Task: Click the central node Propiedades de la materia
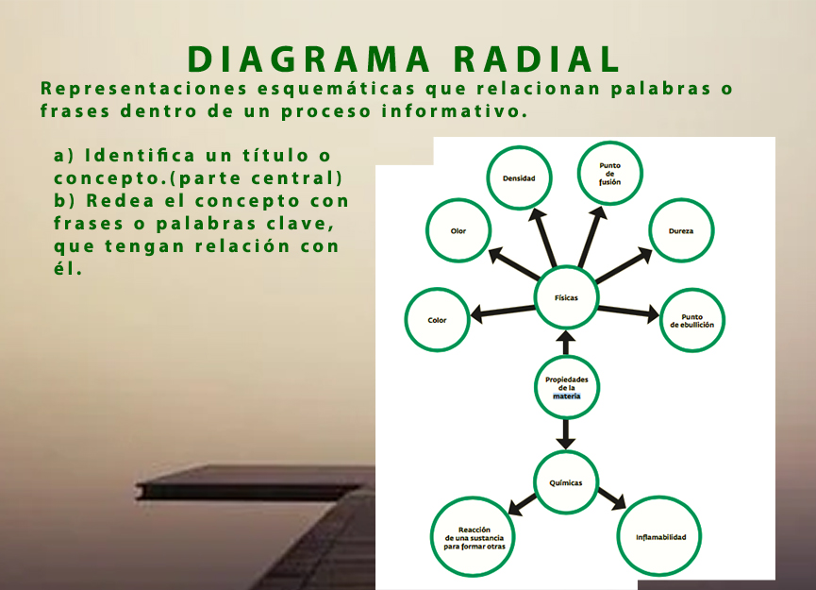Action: pos(566,387)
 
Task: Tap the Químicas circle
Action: pos(566,482)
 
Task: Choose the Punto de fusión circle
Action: pos(610,174)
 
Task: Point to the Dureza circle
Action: pos(681,230)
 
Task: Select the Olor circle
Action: pos(458,230)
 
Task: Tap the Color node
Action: pos(437,320)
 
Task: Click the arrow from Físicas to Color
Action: pos(504,312)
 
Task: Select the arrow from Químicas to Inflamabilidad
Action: pos(611,497)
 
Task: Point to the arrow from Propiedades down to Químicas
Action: pos(566,433)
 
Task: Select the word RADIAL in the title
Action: pos(537,59)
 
